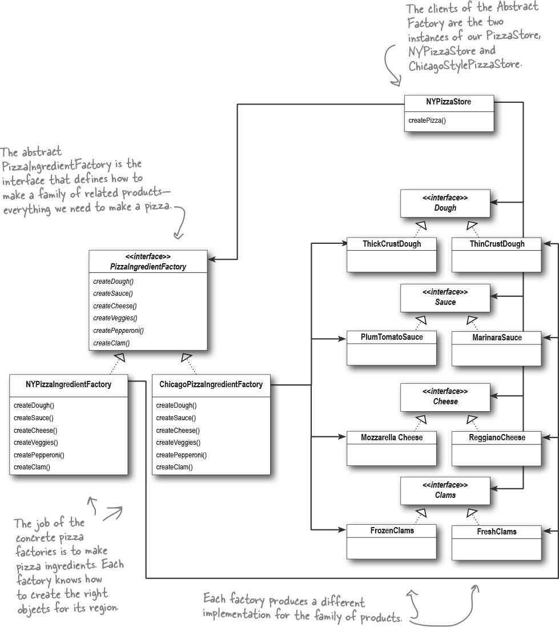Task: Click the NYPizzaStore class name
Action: click(448, 102)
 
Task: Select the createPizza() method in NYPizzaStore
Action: click(427, 120)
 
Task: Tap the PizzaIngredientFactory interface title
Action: click(148, 266)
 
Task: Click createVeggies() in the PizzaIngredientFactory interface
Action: click(115, 318)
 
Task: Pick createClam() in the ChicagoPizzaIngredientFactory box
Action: click(174, 467)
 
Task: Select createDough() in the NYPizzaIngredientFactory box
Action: click(34, 405)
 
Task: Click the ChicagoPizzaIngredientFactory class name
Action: click(211, 384)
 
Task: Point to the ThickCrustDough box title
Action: click(392, 243)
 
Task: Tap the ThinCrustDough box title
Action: click(497, 243)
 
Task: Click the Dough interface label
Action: click(445, 207)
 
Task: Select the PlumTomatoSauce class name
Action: click(392, 337)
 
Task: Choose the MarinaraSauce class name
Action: click(497, 337)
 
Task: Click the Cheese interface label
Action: click(445, 401)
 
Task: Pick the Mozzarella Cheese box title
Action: click(392, 437)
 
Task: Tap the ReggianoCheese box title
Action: click(497, 437)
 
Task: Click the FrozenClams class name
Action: click(392, 530)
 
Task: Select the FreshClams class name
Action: click(497, 531)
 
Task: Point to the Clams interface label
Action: click(445, 495)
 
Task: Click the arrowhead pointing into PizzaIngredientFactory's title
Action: click(212, 259)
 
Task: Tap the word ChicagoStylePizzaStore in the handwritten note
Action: click(465, 65)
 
